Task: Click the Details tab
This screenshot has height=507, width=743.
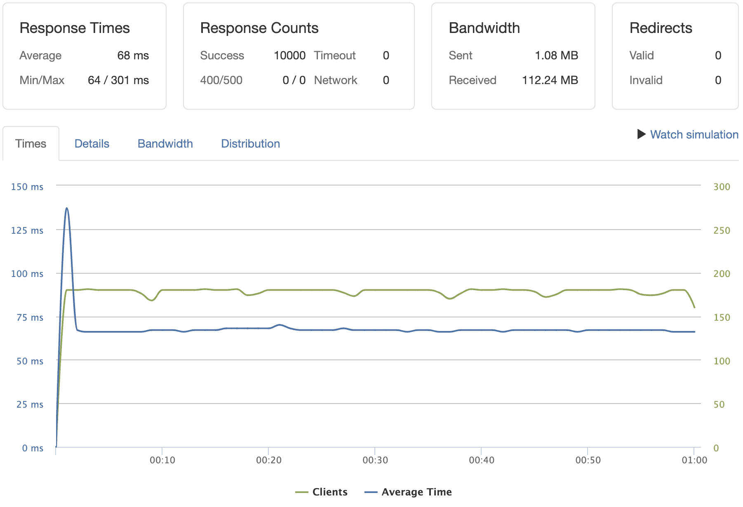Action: [x=92, y=143]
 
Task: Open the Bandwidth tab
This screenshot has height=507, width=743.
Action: [x=165, y=143]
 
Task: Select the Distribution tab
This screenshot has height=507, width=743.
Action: [x=250, y=143]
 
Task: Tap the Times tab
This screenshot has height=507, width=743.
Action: [x=31, y=143]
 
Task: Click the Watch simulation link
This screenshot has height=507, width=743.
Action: [x=694, y=134]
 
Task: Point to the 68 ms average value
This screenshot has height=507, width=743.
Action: [x=133, y=55]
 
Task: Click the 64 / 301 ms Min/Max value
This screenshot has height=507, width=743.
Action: [x=118, y=80]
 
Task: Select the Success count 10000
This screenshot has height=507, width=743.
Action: [x=289, y=55]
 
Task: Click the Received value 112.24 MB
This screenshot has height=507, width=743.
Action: [x=550, y=80]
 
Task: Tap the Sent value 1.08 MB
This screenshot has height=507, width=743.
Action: [x=556, y=55]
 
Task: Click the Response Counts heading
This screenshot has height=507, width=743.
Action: [x=259, y=28]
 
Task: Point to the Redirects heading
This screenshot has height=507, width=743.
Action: [x=661, y=28]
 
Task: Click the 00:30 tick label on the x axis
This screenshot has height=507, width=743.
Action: [x=375, y=460]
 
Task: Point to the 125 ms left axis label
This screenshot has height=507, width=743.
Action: [x=27, y=230]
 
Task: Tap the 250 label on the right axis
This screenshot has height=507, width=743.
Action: [x=722, y=230]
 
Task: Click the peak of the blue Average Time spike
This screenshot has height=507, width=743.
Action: [x=67, y=208]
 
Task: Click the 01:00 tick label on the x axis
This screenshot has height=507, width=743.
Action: [x=694, y=460]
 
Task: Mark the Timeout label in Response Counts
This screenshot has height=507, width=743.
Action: [x=334, y=55]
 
